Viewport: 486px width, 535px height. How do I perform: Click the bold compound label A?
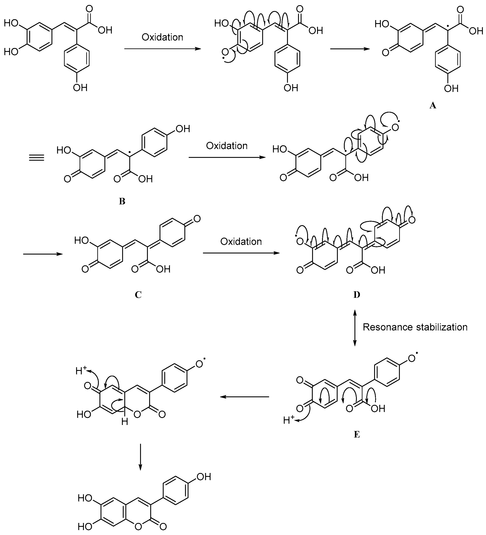point(433,106)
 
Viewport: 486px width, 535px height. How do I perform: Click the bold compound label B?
point(122,201)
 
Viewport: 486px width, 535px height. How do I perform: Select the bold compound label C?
point(138,295)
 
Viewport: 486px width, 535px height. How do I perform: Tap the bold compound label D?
point(356,295)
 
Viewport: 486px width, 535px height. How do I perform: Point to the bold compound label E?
point(357,434)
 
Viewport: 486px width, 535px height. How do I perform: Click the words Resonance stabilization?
point(415,327)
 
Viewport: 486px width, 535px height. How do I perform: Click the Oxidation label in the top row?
point(162,37)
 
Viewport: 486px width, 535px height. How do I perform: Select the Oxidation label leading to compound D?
point(241,242)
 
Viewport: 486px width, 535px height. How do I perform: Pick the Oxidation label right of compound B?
point(227,146)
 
